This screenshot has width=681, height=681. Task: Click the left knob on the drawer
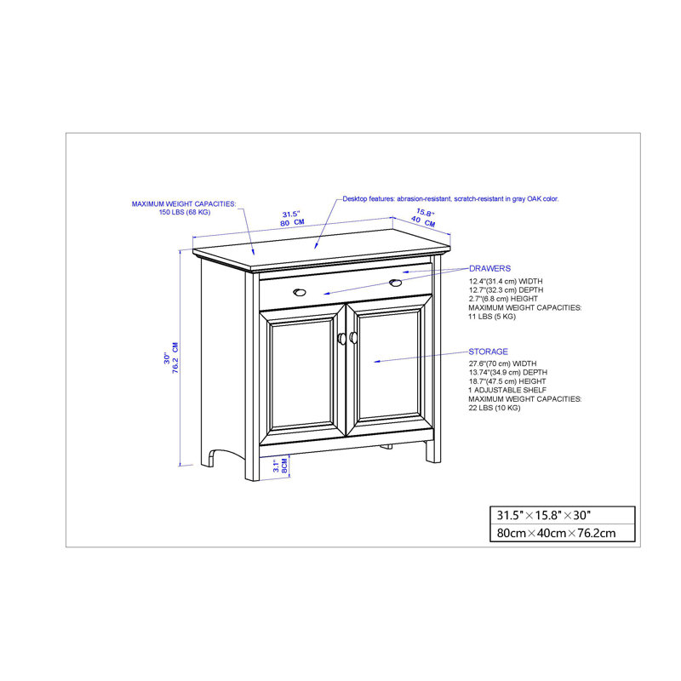300,292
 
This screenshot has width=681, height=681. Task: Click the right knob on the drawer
395,283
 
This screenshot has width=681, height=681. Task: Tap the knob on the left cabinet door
342,339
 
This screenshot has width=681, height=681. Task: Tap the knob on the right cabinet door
353,337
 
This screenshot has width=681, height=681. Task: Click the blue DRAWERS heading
489,268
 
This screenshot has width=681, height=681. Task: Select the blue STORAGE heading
488,352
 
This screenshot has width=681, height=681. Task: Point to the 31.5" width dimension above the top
291,215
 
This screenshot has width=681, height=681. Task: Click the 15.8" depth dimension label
425,213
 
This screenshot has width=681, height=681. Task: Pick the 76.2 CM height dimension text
175,358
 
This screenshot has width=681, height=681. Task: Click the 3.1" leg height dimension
276,466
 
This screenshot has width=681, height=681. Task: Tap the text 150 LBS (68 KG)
185,212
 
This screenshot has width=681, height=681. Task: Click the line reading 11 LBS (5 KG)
492,317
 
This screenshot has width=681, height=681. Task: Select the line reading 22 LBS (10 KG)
495,408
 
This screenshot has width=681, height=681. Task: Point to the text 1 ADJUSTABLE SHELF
507,390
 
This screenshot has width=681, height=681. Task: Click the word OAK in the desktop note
534,199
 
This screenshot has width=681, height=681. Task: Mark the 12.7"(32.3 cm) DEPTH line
506,289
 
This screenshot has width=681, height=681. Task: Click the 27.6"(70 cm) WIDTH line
502,363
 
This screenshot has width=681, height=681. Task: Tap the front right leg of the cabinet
432,452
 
